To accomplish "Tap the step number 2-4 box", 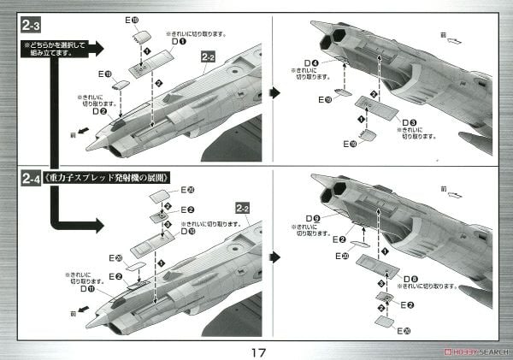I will coord(32,179).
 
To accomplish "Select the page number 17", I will coord(256,351).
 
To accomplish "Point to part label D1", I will coord(178,41).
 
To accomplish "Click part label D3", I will coord(410,122).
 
